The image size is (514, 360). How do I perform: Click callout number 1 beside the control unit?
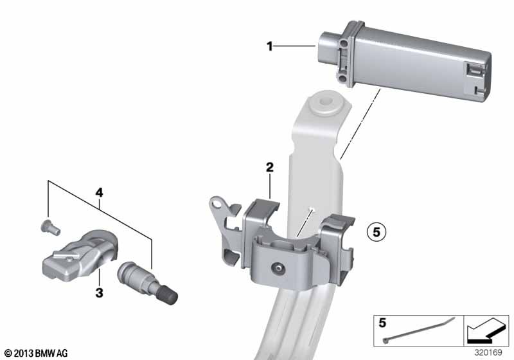[269, 46]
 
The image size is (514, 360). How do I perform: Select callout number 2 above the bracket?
[269, 167]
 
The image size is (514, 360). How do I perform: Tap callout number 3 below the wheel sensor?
[99, 292]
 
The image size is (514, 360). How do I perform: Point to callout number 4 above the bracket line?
[99, 192]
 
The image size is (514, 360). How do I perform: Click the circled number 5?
[377, 232]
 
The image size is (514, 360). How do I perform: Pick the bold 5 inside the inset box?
[382, 323]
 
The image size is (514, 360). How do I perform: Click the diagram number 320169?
[488, 352]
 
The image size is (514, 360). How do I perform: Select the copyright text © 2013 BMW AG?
[36, 353]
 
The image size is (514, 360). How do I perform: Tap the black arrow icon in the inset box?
[486, 330]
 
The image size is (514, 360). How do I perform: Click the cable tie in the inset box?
[419, 330]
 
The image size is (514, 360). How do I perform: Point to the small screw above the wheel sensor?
[50, 227]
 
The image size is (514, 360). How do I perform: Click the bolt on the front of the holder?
[279, 268]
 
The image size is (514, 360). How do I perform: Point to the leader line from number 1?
[294, 46]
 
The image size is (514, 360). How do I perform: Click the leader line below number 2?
[269, 186]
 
